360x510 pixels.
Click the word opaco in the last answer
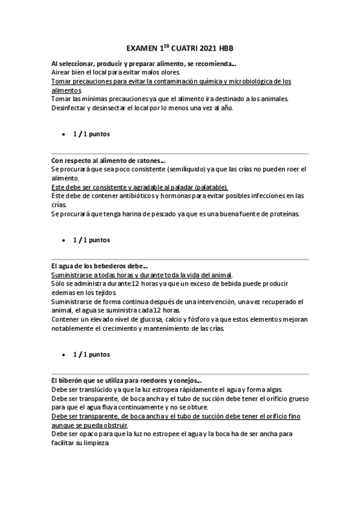click(x=94, y=434)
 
